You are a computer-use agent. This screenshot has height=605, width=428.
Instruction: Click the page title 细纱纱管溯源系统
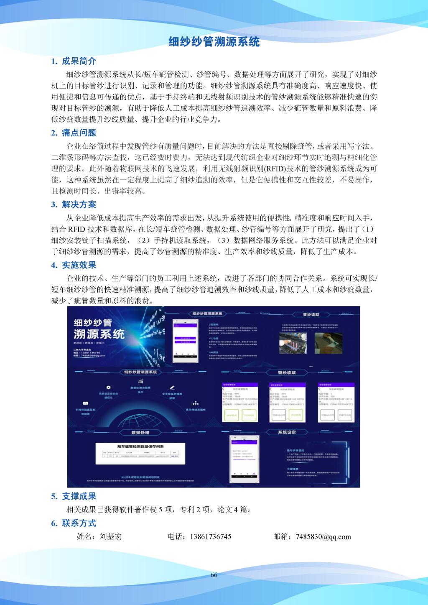coord(214,42)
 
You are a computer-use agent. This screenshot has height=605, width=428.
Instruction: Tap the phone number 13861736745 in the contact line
coord(210,537)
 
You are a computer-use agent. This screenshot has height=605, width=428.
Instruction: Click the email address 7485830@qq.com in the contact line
coord(323,537)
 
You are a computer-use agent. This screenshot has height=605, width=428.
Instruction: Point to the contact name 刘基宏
coord(111,537)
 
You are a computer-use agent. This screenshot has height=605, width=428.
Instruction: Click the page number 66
coord(214,575)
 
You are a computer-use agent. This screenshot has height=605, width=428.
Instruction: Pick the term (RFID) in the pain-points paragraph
coord(274,169)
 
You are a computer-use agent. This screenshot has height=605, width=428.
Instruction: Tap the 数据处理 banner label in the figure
coord(140,432)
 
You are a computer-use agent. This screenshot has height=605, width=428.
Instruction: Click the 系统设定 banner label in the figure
coord(287,432)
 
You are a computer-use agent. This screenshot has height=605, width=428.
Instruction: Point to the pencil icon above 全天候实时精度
coord(172,388)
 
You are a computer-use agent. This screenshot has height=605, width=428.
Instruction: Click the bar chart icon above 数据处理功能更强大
coord(140,381)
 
